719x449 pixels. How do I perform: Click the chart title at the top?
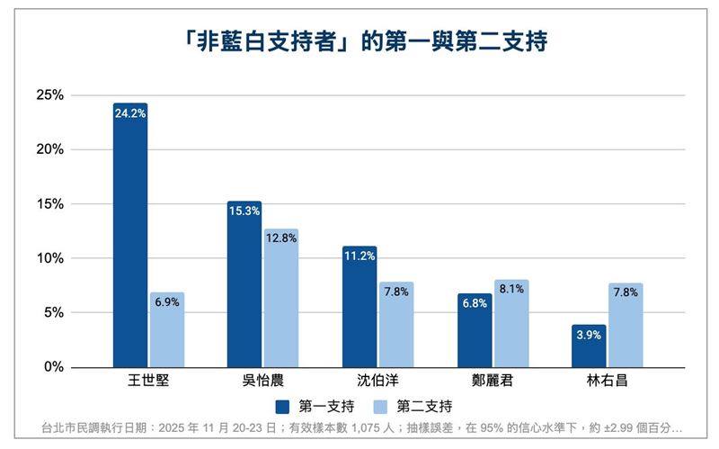point(359,42)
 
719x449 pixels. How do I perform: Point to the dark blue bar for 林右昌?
point(589,346)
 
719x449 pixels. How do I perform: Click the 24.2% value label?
point(130,113)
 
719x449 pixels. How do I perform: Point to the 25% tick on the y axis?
point(50,95)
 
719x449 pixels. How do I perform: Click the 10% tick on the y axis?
point(50,258)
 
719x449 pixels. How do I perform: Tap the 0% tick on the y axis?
point(54,367)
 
